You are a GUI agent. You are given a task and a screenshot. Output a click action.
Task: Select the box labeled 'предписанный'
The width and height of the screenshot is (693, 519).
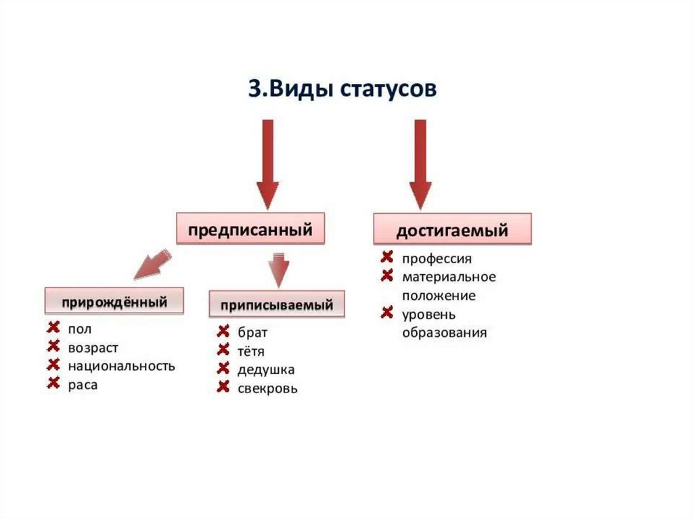(x=250, y=230)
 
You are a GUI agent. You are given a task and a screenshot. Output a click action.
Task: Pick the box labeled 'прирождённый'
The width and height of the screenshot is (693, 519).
(x=114, y=301)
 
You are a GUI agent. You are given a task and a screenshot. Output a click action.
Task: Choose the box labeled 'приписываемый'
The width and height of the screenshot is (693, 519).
(x=275, y=305)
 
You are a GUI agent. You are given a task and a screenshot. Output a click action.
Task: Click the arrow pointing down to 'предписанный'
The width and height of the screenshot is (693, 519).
(x=267, y=164)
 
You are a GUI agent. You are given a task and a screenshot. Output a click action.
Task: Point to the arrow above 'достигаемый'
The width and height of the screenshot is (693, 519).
(x=420, y=164)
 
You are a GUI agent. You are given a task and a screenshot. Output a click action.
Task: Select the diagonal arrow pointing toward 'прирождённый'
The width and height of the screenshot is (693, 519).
(x=152, y=264)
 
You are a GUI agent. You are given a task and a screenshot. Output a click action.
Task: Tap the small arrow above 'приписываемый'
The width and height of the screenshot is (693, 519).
(x=277, y=269)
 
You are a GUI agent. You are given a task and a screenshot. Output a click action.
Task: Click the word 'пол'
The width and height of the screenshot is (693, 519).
(x=79, y=329)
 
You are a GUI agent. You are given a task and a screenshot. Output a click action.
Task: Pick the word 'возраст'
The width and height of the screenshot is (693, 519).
(x=93, y=348)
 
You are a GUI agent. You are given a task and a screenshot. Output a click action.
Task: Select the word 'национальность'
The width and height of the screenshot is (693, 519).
(x=121, y=367)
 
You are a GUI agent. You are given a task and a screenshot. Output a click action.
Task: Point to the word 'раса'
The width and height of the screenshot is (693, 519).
(x=83, y=386)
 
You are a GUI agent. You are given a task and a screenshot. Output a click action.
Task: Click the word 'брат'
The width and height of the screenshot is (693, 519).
(x=252, y=333)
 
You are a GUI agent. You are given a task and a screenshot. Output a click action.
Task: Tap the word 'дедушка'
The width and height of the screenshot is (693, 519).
(x=266, y=370)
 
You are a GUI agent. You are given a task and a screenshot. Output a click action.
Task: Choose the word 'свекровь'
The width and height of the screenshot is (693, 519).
(x=267, y=389)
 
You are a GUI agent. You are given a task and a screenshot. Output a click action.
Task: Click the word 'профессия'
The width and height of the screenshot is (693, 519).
(x=437, y=258)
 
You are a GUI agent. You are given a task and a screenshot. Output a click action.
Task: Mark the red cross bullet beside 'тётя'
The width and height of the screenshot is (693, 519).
(x=223, y=351)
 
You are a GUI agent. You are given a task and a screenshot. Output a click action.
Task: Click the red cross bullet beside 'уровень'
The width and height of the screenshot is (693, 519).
(x=387, y=313)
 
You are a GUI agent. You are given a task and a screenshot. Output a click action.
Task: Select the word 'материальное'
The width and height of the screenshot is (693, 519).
(x=449, y=277)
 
